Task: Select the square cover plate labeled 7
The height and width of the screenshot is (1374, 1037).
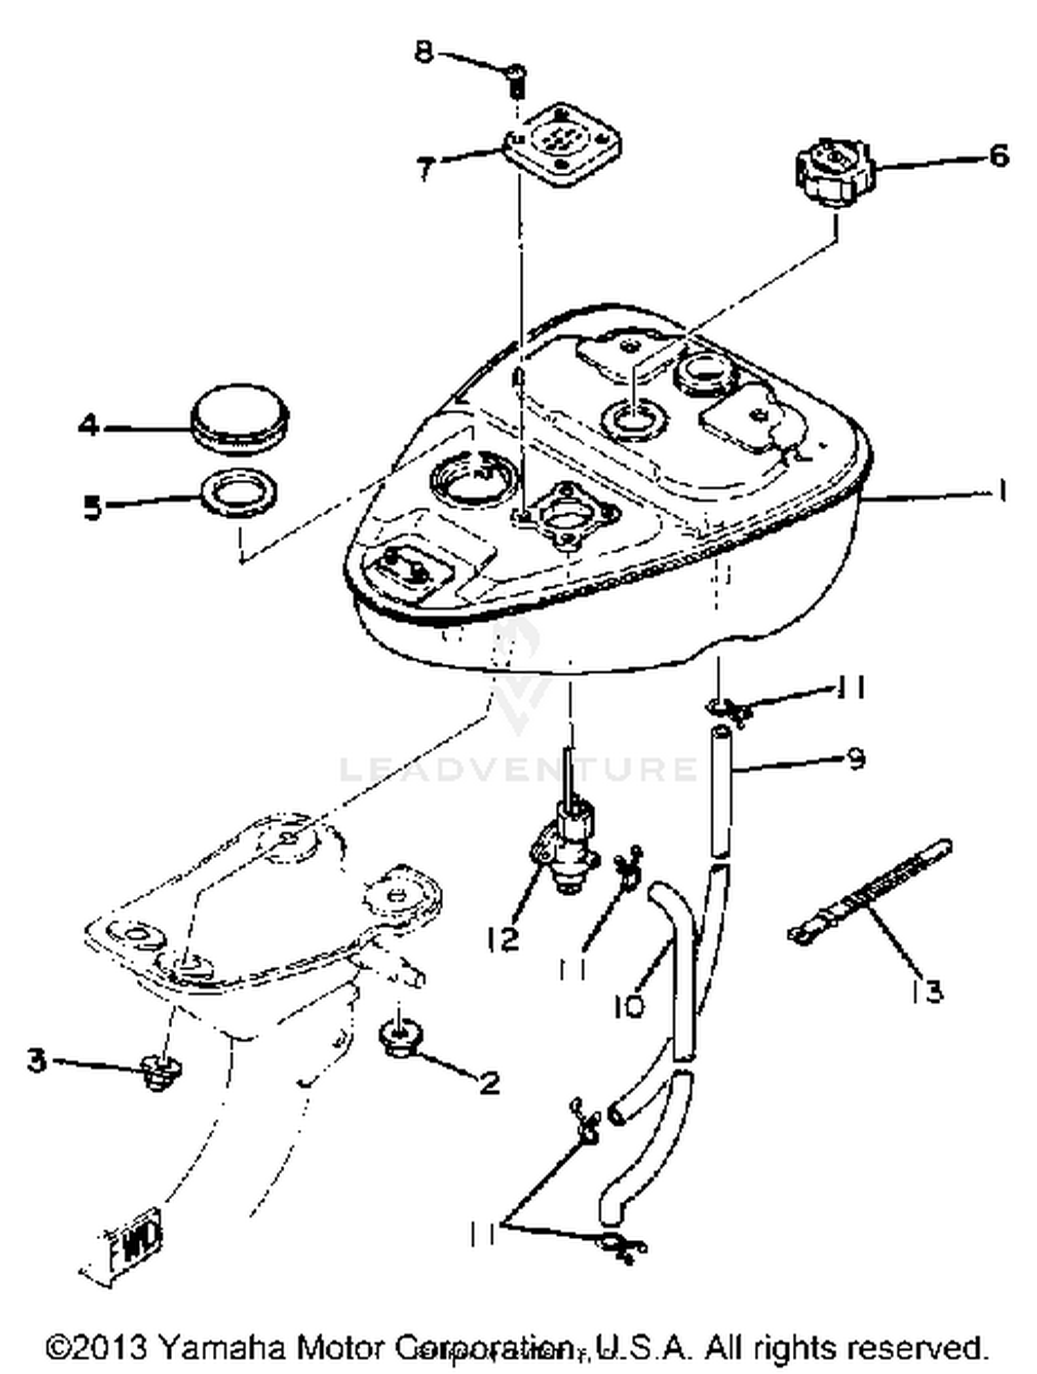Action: coord(561,145)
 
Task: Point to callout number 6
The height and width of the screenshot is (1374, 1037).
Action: coord(998,156)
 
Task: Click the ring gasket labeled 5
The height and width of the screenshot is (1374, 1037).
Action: coord(239,492)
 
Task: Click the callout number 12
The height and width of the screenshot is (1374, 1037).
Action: coord(502,938)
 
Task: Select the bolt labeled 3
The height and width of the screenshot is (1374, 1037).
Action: coord(160,1073)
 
